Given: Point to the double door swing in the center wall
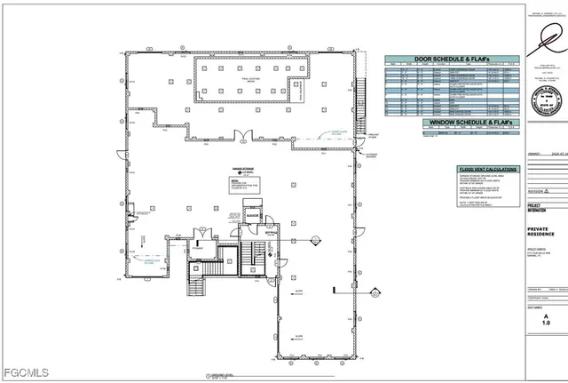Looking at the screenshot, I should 241,136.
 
